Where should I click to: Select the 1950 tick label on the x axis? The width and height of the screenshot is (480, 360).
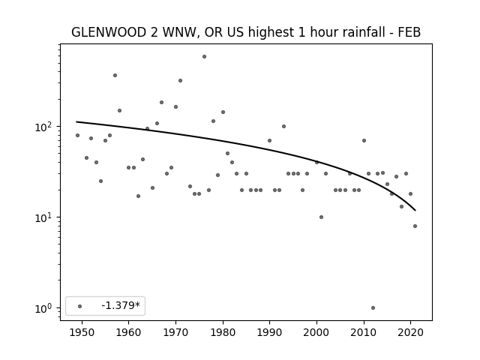point(82,332)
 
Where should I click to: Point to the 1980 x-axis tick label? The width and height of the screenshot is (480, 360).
point(223,332)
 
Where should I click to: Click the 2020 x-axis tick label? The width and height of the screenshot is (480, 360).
point(411,332)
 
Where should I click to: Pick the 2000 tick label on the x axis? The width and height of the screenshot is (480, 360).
point(316,332)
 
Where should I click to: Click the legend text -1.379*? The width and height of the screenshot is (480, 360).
point(121,305)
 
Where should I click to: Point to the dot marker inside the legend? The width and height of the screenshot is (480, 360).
point(80,306)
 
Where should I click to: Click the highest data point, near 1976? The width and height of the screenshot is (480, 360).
point(204,57)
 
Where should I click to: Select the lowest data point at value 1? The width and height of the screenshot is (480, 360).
point(373,308)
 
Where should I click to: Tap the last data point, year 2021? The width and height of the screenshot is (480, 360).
point(415,226)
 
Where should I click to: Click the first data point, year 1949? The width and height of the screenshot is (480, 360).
point(77,135)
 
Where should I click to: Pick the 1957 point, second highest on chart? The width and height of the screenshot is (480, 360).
point(115,75)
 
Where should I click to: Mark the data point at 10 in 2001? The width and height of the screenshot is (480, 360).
point(321,217)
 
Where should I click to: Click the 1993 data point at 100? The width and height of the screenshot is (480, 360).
point(283,127)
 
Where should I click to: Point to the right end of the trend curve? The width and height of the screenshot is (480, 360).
point(415,211)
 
